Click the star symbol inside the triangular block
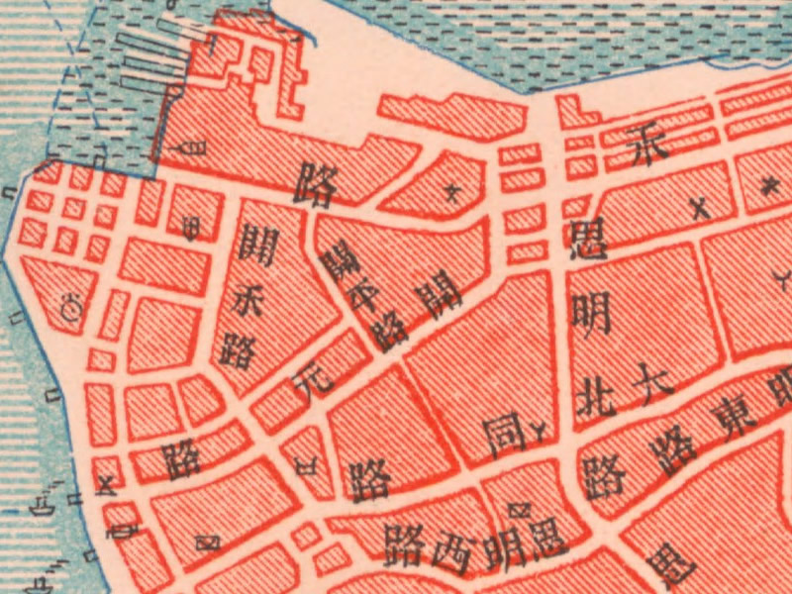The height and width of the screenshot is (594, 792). tap(453, 190)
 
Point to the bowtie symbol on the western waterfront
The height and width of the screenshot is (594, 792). tap(108, 483)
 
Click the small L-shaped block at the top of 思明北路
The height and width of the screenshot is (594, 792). tap(570, 113)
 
